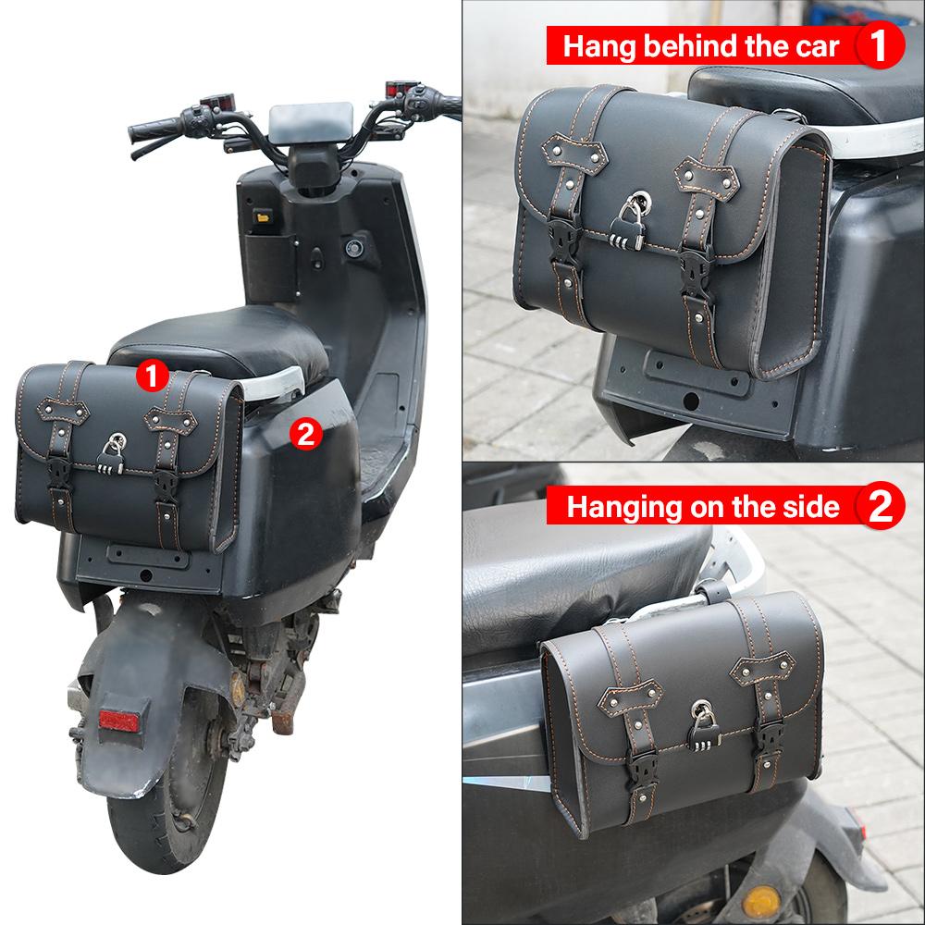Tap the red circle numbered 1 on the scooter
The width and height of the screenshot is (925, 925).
pos(152,375)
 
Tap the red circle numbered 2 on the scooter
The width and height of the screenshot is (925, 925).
pos(306,432)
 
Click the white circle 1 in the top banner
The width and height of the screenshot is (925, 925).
pos(880,45)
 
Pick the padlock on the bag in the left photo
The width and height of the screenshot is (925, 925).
pos(111,453)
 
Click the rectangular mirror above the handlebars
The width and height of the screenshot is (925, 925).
pos(311,121)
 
